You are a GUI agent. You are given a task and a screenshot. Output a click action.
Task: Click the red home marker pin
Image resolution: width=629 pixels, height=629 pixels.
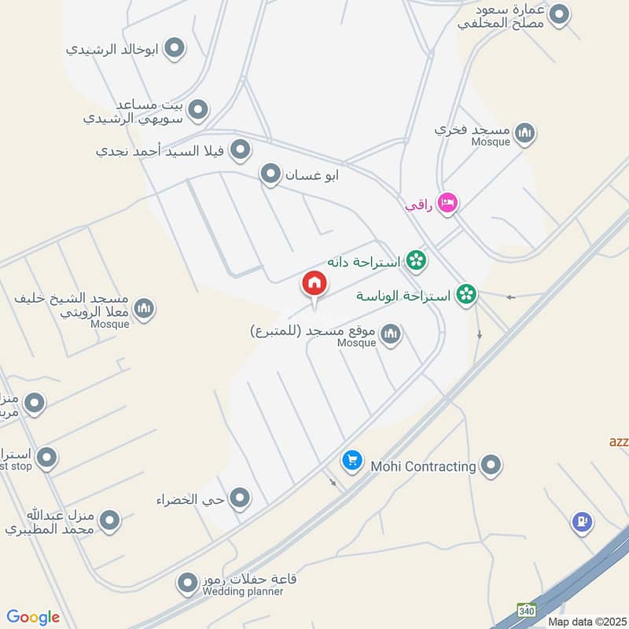point(314,284)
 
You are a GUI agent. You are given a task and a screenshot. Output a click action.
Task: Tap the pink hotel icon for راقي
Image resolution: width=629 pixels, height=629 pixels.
point(447,203)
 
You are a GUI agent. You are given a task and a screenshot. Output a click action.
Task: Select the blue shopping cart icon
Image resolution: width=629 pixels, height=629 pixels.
point(351,460)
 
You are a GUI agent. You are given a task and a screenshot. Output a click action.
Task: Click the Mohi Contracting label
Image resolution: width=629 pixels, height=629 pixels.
point(421,466)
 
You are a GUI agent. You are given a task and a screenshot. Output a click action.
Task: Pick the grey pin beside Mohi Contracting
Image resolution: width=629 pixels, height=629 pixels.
point(491,465)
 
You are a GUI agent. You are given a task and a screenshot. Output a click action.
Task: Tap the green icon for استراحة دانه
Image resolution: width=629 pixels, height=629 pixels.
point(416,260)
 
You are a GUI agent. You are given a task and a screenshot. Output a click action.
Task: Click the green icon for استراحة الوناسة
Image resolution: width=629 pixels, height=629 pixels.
point(466,295)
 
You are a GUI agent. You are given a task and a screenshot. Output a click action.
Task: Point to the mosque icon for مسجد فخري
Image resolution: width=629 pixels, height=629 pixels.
point(527,132)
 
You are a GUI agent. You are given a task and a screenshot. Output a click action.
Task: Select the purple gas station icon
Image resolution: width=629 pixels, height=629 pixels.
point(582,521)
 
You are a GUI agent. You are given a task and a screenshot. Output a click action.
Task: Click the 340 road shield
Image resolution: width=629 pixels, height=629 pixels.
point(526,610)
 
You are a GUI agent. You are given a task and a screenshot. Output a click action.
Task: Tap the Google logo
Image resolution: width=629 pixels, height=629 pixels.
point(33,617)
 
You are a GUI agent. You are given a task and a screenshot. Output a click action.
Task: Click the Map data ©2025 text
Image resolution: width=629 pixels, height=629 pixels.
point(586,621)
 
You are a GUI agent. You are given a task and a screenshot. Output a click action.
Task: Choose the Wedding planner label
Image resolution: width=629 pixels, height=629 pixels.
point(243,591)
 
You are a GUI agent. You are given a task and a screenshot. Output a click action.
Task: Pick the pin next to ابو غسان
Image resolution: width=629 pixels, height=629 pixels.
point(271,175)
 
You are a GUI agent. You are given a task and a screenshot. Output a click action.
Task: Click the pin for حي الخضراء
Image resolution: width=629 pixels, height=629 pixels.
point(240,498)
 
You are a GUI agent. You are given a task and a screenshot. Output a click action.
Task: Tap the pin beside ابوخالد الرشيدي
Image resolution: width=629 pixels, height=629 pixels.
point(175,49)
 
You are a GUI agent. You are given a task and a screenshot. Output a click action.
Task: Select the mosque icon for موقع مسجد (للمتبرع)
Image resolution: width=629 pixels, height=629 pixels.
point(391,335)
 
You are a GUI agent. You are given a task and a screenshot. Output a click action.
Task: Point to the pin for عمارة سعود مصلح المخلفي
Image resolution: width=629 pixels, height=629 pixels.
point(559,14)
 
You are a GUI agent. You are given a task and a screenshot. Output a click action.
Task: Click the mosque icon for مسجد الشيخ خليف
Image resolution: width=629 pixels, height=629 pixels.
point(143,309)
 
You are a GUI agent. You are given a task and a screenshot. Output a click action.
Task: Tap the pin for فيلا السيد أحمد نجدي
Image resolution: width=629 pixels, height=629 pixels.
point(241,149)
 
